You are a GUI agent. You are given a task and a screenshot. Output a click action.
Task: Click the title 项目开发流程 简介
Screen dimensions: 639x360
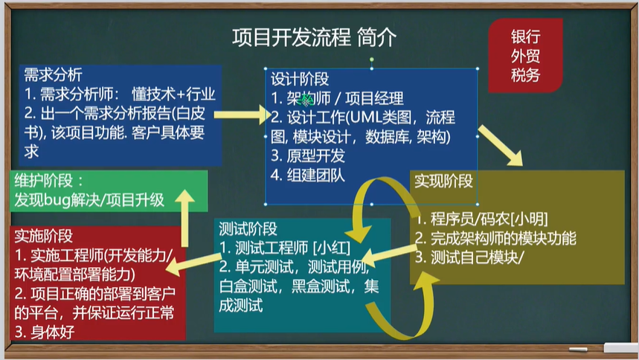(314, 38)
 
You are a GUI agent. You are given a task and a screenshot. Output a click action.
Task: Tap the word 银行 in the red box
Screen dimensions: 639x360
(525, 36)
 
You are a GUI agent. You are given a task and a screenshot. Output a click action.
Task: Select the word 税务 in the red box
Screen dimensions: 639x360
(525, 75)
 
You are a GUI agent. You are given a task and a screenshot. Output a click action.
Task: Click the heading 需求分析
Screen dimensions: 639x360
(53, 74)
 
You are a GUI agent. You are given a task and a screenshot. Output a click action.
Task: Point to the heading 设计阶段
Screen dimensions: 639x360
(300, 79)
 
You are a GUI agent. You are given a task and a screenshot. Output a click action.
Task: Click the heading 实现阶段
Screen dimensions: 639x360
(443, 181)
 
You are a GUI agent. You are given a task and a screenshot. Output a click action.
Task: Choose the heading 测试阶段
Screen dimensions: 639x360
(248, 229)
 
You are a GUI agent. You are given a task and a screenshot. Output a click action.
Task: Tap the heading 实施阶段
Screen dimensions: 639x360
(44, 236)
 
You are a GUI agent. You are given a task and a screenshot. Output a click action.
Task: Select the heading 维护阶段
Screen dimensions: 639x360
(44, 180)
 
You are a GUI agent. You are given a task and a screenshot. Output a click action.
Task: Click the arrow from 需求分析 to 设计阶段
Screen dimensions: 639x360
(243, 115)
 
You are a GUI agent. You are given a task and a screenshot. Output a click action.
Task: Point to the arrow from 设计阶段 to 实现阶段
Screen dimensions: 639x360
(501, 146)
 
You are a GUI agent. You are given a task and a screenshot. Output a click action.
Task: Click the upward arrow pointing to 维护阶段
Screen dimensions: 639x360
(184, 218)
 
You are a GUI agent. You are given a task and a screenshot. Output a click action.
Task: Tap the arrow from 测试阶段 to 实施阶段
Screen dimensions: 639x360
(193, 265)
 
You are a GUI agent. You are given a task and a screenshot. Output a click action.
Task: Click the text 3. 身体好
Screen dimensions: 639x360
(45, 332)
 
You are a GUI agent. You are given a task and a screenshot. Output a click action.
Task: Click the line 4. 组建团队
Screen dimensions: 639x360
(308, 176)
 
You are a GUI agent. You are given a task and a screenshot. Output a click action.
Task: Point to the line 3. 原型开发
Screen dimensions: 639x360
(308, 155)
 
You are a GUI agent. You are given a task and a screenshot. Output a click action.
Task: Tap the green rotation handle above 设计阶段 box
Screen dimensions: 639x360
(372, 60)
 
